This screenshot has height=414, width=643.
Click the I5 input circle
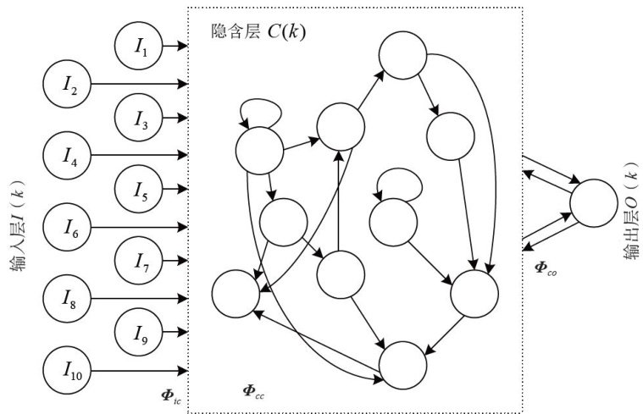pyautogui.click(x=141, y=191)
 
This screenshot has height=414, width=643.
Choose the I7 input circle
pyautogui.click(x=141, y=262)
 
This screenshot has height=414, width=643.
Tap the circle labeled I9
pyautogui.click(x=141, y=334)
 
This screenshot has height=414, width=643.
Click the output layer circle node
pyautogui.click(x=594, y=205)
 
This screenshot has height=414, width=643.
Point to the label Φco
pyautogui.click(x=546, y=268)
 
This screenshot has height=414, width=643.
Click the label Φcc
pyautogui.click(x=255, y=390)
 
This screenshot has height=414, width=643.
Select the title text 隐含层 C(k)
pyautogui.click(x=258, y=32)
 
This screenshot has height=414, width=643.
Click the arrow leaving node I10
pyautogui.click(x=140, y=370)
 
